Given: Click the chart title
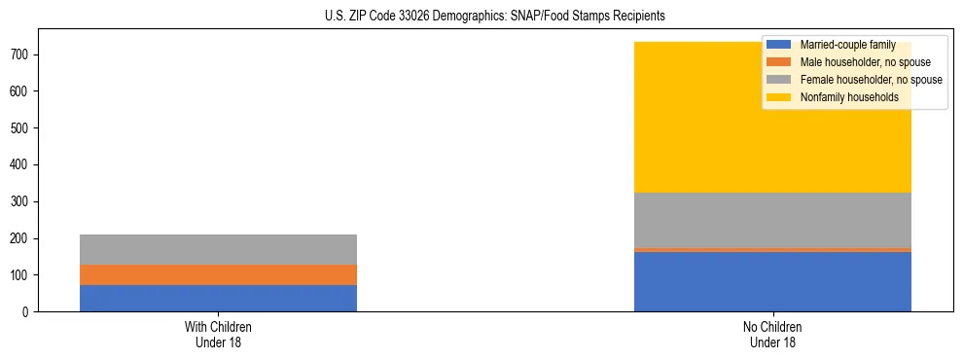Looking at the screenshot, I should (495, 17).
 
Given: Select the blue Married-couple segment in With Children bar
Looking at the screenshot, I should (218, 298).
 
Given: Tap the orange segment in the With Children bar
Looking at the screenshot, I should (218, 274).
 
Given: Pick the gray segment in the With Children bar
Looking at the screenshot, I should (218, 249).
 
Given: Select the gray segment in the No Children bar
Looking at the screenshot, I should (772, 221).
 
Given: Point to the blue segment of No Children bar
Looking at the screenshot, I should (772, 282).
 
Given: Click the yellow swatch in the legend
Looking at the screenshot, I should (779, 97).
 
